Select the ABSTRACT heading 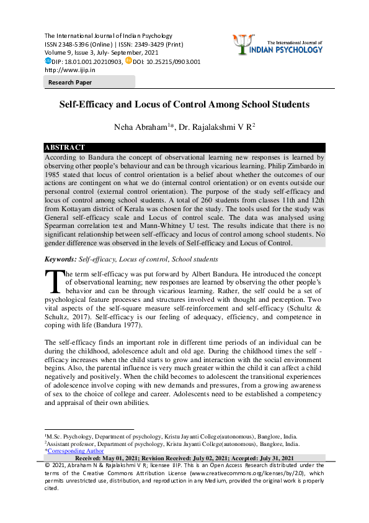(x=64, y=147)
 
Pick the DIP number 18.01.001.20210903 (x=92, y=62)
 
